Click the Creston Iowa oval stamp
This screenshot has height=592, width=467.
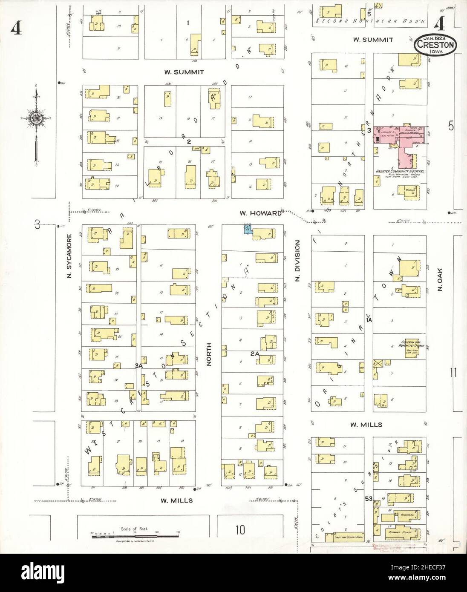[x=437, y=44]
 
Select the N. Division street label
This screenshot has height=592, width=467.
[x=297, y=260]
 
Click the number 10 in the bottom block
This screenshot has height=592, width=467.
[x=240, y=530]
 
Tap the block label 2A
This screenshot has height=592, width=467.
[x=255, y=353]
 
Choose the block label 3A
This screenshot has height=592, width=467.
[x=138, y=365]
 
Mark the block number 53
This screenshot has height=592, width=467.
[x=369, y=498]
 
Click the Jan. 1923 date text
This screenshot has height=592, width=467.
[x=437, y=38]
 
